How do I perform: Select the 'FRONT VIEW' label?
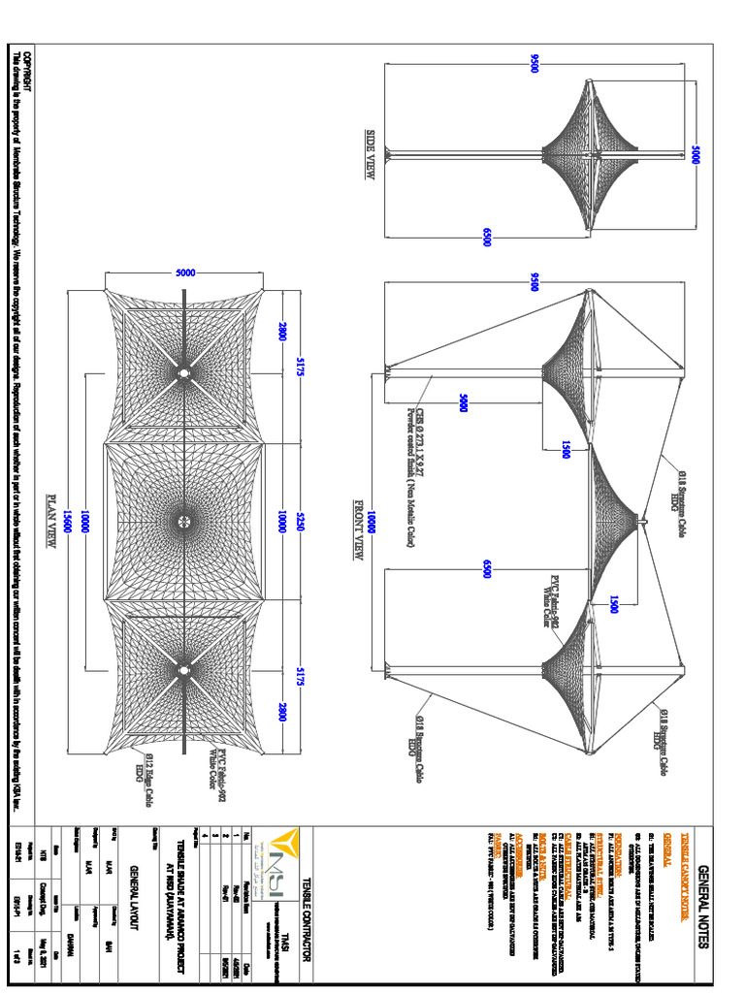point(359,531)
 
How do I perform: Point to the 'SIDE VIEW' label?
point(370,155)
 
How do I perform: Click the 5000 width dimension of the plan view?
point(184,273)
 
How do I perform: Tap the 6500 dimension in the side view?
point(487,236)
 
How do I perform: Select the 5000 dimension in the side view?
point(695,155)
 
